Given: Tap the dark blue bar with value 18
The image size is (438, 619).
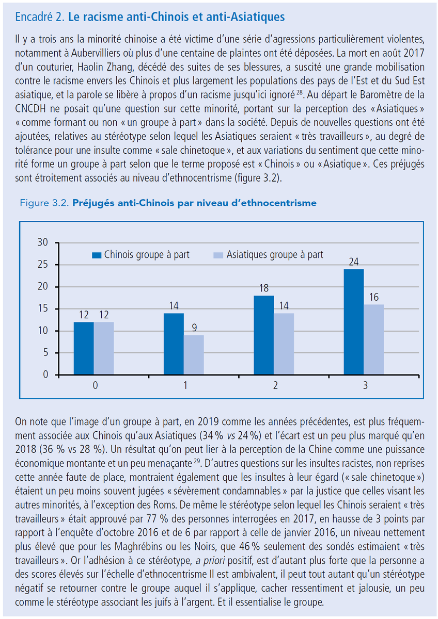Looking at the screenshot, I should coord(264,335).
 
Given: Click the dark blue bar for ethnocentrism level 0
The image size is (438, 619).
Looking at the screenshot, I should coord(84,348).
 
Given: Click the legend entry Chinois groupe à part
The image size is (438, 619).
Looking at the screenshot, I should coord(140,254).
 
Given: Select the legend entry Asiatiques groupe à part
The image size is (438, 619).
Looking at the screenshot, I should coord(268,254).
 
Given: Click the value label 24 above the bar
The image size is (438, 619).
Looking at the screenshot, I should coord(354,262).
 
